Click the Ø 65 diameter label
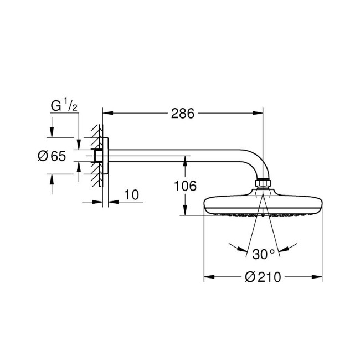click(x=52, y=156)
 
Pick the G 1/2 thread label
click(x=64, y=105)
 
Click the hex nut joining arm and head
click(x=263, y=185)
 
